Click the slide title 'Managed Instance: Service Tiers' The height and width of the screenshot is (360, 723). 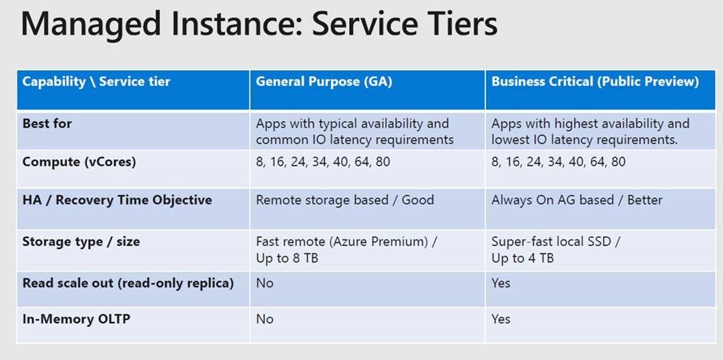tap(259, 24)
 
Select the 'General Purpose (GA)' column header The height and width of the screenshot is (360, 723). tap(324, 81)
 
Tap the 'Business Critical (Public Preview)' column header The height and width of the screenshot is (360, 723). tap(595, 81)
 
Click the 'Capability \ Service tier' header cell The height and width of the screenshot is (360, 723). tap(96, 81)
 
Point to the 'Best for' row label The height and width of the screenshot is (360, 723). tap(47, 124)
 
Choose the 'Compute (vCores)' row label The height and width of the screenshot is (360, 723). tap(79, 162)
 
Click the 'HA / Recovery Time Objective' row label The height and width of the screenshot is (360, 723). tap(117, 200)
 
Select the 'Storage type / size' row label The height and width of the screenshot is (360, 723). tap(81, 242)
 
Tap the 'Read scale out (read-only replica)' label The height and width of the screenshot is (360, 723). tap(128, 283)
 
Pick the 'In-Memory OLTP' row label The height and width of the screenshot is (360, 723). tap(76, 319)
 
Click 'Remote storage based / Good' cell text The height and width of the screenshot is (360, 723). tap(345, 200)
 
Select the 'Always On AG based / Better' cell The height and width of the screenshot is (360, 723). tap(577, 200)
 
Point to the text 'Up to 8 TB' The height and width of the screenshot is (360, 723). tap(287, 258)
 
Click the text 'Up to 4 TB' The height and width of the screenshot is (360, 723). tap(523, 258)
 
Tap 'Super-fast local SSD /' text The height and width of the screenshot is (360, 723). tap(556, 242)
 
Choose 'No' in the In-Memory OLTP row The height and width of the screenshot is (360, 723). tap(264, 319)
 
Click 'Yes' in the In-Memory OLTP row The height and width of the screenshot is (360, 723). tap(501, 319)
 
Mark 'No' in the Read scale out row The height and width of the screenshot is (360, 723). tap(264, 283)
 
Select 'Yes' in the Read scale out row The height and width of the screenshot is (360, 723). tap(501, 283)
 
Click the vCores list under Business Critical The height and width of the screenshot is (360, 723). tap(558, 162)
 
